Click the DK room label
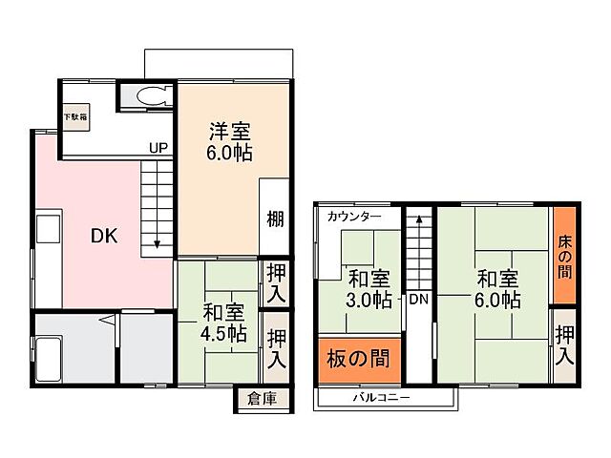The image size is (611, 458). (105, 237)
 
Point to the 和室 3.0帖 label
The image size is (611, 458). (369, 288)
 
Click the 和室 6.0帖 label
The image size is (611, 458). (497, 288)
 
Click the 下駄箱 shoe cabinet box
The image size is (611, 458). (75, 117)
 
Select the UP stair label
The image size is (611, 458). (158, 148)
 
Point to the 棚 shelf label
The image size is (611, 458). (275, 219)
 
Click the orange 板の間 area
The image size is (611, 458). (358, 360)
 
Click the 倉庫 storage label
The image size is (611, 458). (261, 399)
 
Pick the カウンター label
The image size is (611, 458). (353, 217)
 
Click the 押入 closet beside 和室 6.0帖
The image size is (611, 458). (565, 344)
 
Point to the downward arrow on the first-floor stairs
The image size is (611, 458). (158, 243)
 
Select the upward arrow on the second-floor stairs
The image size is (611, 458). (417, 221)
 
